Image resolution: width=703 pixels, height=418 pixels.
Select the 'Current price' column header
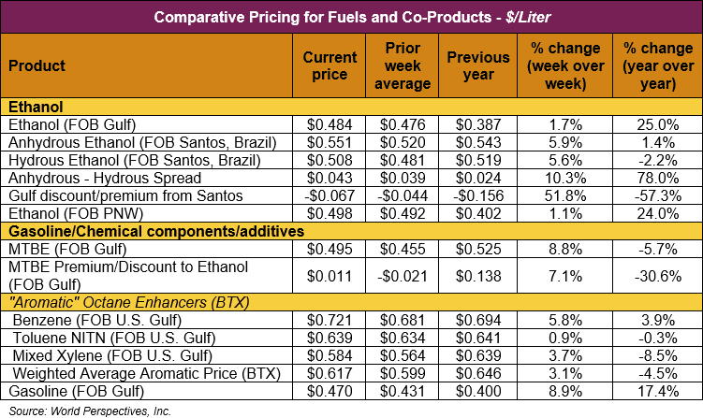[330, 65]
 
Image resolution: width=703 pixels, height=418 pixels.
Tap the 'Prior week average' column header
[408, 65]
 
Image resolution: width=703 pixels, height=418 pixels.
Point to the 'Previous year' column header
[482, 65]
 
